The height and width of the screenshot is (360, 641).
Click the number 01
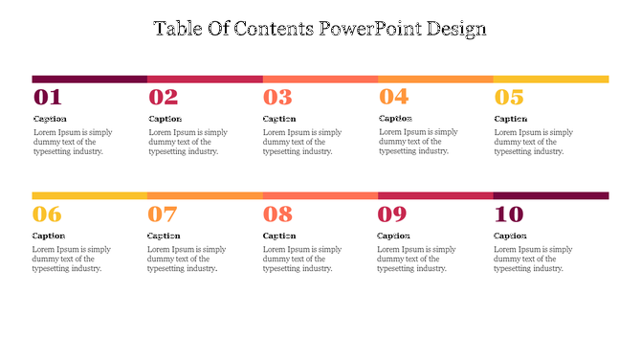click(48, 97)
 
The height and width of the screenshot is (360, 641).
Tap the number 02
click(164, 97)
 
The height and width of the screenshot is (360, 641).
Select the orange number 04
click(394, 96)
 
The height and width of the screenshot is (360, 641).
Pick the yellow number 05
click(509, 97)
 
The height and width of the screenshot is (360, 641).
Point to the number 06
click(47, 214)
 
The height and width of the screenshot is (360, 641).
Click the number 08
click(277, 214)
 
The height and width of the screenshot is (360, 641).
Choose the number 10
click(509, 214)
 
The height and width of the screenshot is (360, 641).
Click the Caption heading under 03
click(279, 119)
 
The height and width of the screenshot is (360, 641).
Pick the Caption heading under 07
click(164, 236)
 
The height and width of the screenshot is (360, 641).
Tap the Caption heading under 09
click(394, 236)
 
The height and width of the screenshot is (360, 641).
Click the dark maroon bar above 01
click(89, 79)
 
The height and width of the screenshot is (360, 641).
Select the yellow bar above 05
click(551, 79)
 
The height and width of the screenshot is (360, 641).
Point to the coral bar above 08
click(320, 195)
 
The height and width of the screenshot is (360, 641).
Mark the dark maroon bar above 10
click(551, 195)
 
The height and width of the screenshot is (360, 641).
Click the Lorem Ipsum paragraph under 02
click(188, 142)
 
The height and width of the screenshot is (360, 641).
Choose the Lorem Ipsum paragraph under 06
click(72, 259)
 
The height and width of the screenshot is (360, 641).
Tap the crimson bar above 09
click(435, 195)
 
